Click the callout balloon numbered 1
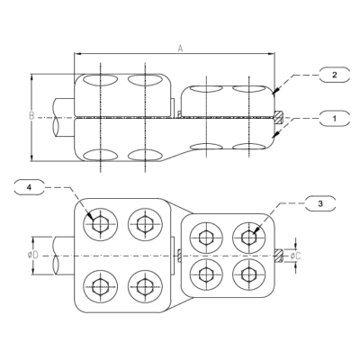[x=334, y=116]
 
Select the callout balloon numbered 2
[x=334, y=76]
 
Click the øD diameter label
[x=33, y=256]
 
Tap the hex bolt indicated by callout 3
[x=247, y=237]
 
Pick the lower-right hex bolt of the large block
[x=143, y=287]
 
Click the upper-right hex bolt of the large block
[x=143, y=223]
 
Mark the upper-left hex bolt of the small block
[x=206, y=237]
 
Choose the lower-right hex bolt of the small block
[x=247, y=274]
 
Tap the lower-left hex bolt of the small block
[x=206, y=274]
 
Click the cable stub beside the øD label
[x=61, y=256]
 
